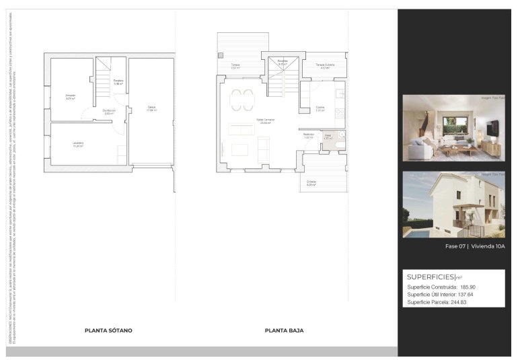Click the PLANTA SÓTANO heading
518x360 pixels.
click(x=108, y=330)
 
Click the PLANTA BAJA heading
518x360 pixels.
click(x=284, y=330)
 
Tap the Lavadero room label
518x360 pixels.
click(x=78, y=144)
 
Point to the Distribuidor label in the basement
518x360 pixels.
click(x=109, y=112)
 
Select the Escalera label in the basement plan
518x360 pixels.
click(x=118, y=83)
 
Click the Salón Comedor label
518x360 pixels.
click(x=265, y=122)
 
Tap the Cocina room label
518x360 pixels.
click(x=321, y=109)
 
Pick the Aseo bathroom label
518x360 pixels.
click(x=328, y=137)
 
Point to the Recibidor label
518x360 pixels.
click(x=309, y=135)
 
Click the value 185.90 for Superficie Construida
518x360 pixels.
click(x=468, y=287)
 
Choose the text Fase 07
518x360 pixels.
click(x=456, y=246)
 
